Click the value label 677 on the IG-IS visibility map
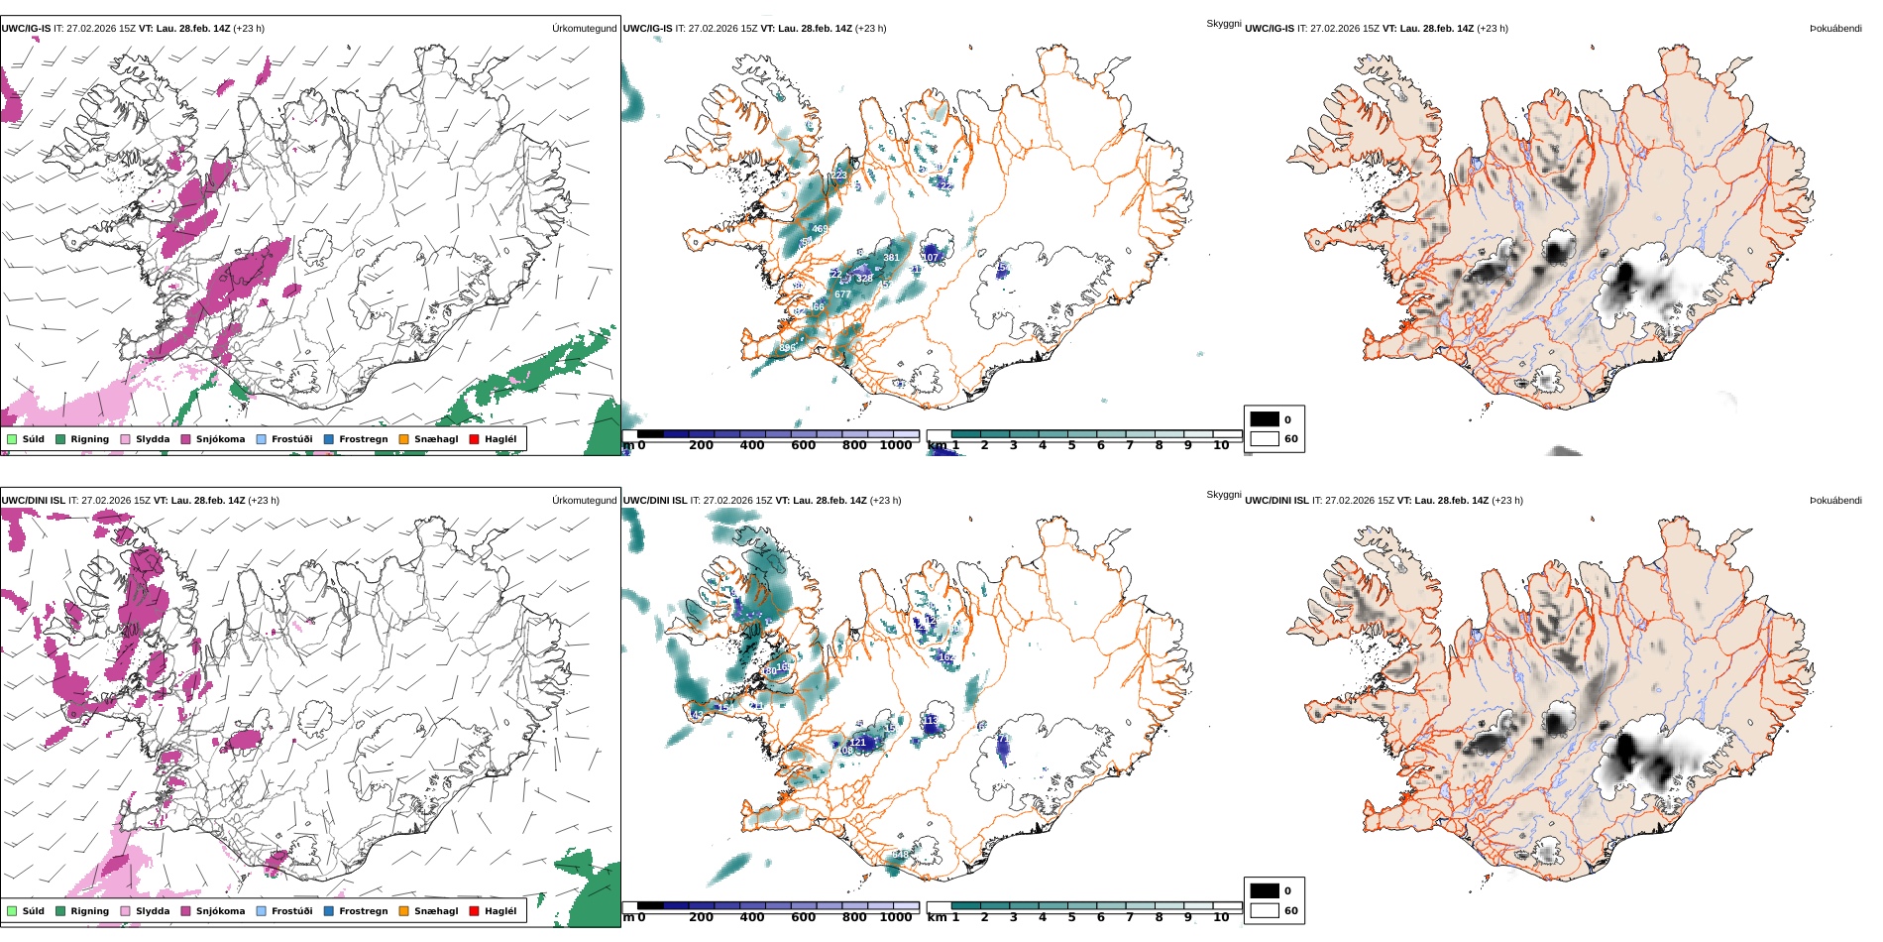coord(842,294)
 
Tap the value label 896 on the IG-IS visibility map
coord(787,348)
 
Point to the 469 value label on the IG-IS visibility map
coord(820,229)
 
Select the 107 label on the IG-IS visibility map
coord(930,258)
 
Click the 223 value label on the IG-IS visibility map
coord(838,176)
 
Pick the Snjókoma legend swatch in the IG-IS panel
coord(186,439)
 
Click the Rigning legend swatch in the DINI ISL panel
coord(60,911)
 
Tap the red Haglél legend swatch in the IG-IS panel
coord(474,439)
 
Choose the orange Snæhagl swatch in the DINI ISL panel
coord(403,911)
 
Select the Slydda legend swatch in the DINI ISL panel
coord(125,911)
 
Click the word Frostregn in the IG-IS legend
coord(363,439)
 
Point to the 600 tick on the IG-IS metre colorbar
coord(803,446)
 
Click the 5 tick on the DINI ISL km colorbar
coord(1071,917)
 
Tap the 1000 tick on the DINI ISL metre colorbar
coord(895,917)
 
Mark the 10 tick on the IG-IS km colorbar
coord(1221,446)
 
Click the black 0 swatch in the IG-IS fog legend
coord(1265,419)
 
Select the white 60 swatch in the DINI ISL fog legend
coord(1265,910)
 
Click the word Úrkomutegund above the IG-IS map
coord(584,29)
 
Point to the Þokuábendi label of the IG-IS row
coord(1835,29)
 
